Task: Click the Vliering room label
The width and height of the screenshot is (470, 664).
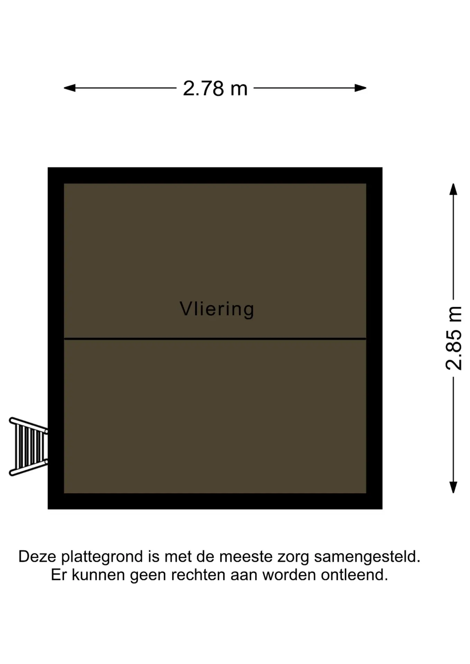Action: [217, 309]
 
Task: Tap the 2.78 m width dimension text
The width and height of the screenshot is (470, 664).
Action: [215, 89]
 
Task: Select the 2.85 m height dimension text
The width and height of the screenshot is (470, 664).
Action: [454, 338]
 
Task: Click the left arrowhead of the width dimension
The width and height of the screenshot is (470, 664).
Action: [70, 88]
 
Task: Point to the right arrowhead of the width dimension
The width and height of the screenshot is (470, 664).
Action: [361, 88]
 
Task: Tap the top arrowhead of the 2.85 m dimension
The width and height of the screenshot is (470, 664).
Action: [453, 189]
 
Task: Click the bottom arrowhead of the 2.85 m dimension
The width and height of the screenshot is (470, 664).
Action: [453, 487]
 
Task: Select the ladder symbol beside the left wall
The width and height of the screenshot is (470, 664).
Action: [28, 446]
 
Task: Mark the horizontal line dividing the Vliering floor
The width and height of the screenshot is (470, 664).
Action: [215, 339]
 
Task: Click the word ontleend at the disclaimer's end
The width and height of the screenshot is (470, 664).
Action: [354, 575]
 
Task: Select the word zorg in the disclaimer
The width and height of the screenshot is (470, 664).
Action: [293, 558]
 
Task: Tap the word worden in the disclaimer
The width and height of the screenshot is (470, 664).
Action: [289, 575]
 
